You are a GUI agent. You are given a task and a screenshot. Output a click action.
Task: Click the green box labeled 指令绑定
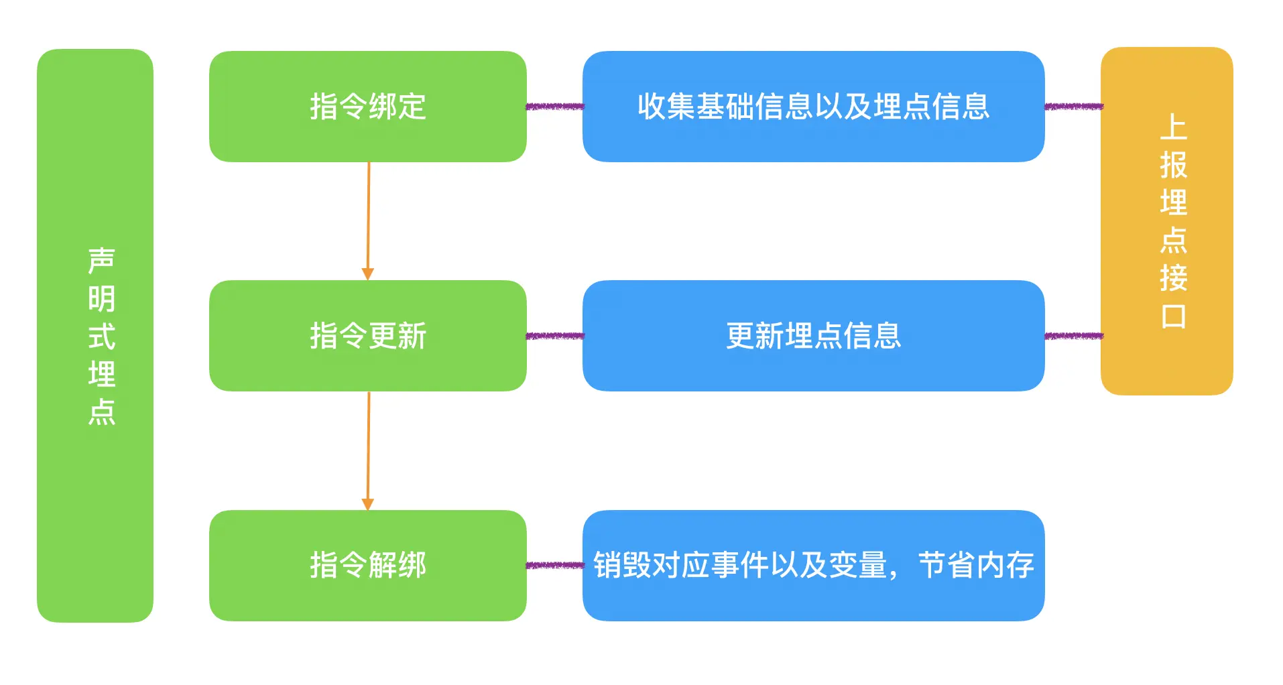click(x=367, y=107)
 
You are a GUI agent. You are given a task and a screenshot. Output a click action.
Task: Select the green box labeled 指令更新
click(x=367, y=336)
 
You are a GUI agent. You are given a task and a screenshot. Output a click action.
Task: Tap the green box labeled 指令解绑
click(x=367, y=565)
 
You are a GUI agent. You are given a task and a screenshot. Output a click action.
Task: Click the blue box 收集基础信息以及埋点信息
click(x=813, y=107)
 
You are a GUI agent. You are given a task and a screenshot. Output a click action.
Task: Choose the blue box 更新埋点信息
click(x=813, y=336)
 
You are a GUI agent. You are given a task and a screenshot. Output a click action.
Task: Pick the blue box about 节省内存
click(x=813, y=565)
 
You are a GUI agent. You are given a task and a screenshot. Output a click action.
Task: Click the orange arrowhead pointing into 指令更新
click(x=367, y=273)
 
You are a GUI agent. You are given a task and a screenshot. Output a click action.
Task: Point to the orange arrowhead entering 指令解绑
click(x=367, y=503)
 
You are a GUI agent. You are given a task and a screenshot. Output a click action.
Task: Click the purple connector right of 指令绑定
click(x=554, y=107)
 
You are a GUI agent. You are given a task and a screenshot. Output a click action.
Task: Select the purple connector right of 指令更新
click(x=554, y=336)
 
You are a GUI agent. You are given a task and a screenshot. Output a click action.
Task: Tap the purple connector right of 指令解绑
click(x=554, y=565)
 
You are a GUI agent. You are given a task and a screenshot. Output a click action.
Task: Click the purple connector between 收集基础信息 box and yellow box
click(x=1073, y=107)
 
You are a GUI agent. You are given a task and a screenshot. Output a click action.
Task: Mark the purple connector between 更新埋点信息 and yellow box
click(x=1073, y=336)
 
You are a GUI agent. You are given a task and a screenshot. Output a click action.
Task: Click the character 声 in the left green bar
click(x=102, y=261)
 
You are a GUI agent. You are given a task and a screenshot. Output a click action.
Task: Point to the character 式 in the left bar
click(x=102, y=336)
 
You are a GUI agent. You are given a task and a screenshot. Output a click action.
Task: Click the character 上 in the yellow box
click(x=1173, y=127)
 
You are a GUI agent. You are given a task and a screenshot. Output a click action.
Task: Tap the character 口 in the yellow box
click(x=1173, y=316)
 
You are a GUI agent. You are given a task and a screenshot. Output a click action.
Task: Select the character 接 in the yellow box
click(x=1173, y=277)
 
